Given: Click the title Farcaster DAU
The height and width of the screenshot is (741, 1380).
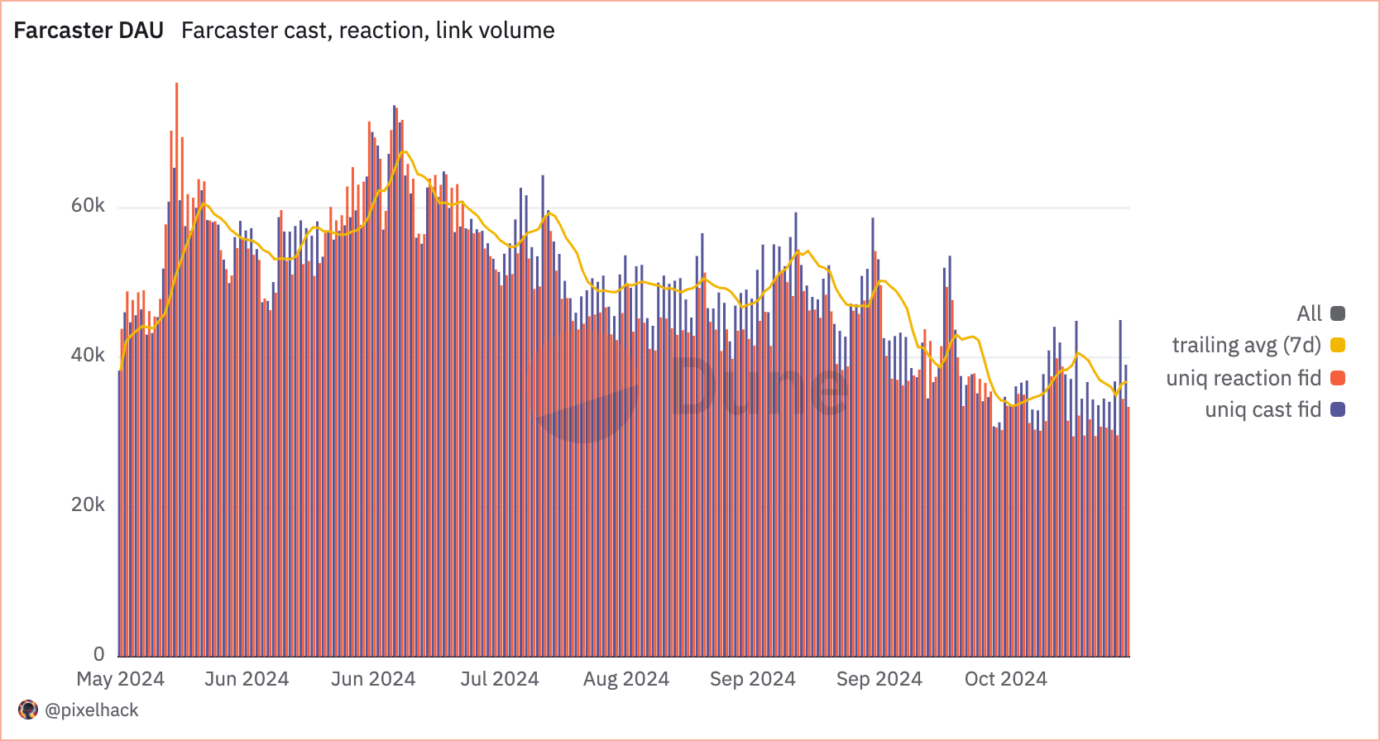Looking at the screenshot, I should click(x=89, y=31).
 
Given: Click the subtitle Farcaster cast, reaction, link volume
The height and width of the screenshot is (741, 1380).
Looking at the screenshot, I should click(x=368, y=31).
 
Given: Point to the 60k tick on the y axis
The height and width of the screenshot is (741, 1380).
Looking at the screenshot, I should click(x=88, y=206).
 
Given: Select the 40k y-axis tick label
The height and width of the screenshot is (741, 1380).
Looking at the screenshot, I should click(x=88, y=355).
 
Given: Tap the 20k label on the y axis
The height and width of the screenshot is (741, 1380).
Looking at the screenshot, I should click(x=88, y=504).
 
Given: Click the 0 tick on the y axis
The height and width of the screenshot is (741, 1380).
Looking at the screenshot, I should click(x=99, y=654).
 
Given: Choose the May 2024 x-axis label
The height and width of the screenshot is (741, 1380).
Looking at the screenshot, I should click(x=121, y=679).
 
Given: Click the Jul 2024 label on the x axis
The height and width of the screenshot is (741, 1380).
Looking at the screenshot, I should click(x=500, y=679).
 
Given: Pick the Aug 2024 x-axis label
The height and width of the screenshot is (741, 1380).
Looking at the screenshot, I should click(x=626, y=679).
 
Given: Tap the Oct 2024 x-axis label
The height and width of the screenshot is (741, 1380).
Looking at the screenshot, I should click(x=1006, y=679).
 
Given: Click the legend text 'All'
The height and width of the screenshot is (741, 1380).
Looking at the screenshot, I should click(x=1309, y=313).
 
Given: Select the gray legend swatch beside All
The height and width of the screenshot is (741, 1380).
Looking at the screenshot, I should click(x=1338, y=313).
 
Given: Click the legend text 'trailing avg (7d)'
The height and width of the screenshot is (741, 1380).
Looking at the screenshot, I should click(x=1246, y=345).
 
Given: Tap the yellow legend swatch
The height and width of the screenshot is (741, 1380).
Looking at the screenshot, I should click(x=1338, y=345).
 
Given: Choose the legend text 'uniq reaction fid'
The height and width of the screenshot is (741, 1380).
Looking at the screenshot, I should click(x=1243, y=378).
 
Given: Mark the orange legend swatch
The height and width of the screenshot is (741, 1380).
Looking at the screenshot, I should click(x=1338, y=378).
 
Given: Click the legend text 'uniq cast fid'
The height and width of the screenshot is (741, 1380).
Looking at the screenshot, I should click(x=1263, y=409).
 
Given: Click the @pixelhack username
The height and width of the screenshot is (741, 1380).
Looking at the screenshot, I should click(x=92, y=710).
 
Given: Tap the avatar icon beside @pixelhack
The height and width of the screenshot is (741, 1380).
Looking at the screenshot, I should click(x=28, y=710).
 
